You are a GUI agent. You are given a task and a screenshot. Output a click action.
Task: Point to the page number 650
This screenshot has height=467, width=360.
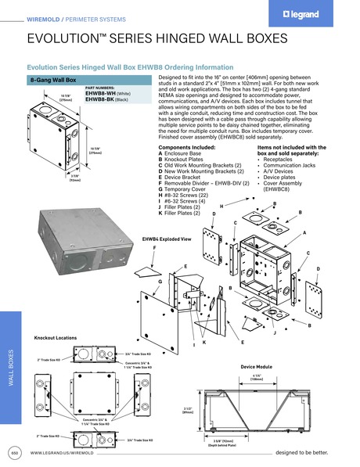click(x=13, y=453)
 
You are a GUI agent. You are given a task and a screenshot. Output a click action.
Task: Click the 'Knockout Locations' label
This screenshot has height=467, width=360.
click(x=55, y=337)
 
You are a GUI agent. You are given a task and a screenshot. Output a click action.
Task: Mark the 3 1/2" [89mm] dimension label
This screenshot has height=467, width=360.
click(x=188, y=410)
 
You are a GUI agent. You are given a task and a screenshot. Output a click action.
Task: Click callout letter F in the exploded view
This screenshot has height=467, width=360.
click(x=154, y=247)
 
